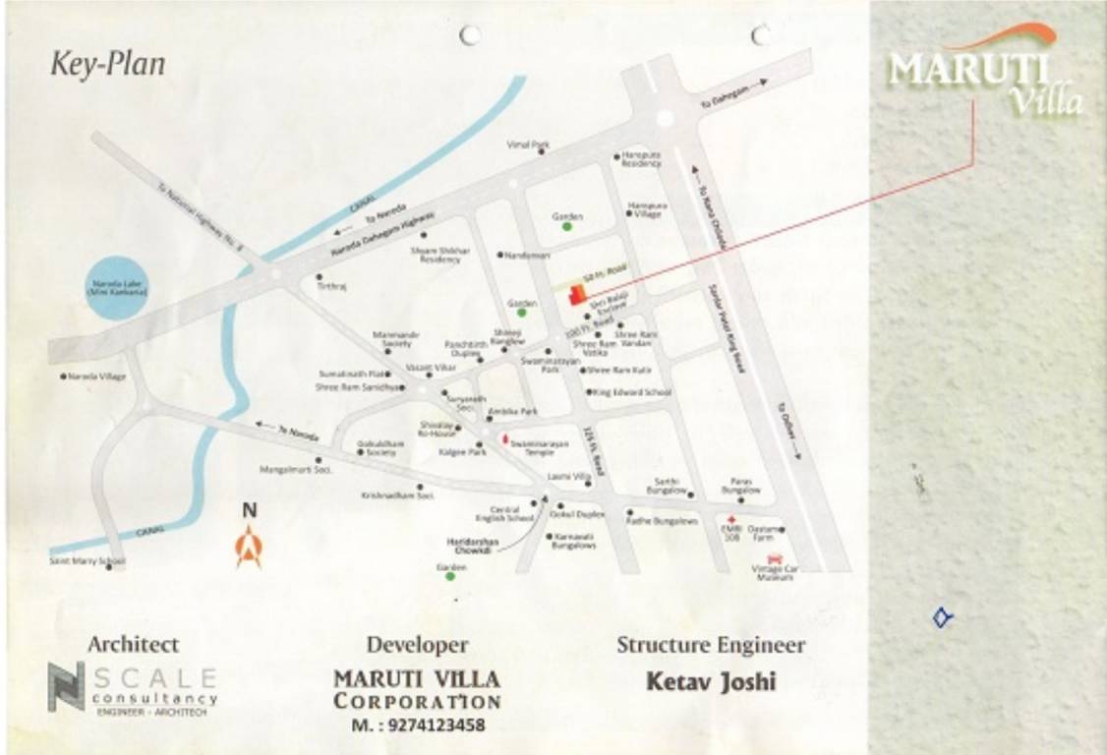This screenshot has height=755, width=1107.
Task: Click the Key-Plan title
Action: click(x=108, y=65)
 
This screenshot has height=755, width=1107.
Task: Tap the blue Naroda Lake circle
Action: click(x=117, y=289)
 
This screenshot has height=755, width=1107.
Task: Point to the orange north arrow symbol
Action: click(x=249, y=547)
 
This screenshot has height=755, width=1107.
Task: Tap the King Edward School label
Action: click(x=632, y=392)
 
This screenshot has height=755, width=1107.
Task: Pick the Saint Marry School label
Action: click(x=87, y=561)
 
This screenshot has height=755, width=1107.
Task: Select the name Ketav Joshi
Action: click(x=711, y=680)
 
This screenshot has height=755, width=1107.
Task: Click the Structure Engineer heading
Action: click(x=711, y=646)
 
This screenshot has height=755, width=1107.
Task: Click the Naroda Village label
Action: click(x=98, y=376)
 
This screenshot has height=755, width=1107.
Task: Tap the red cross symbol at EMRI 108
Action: click(x=730, y=518)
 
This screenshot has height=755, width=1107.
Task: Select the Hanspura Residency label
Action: click(x=641, y=159)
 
